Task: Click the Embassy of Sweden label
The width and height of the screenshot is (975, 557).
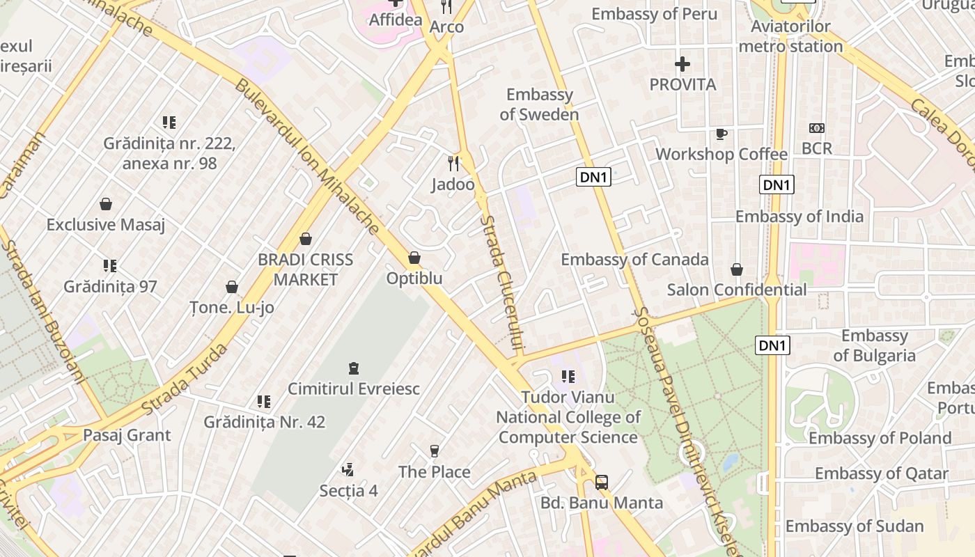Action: [539, 104]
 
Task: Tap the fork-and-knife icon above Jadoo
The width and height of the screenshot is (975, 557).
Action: [453, 164]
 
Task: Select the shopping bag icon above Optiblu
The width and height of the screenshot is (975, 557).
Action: [414, 258]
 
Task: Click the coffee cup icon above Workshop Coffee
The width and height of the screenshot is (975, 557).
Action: [721, 134]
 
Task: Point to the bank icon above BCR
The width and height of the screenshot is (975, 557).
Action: [817, 128]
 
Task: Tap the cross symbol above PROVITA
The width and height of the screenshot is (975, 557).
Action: [682, 65]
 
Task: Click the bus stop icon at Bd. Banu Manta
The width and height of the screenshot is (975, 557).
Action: [602, 483]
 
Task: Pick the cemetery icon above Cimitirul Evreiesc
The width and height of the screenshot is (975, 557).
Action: [354, 368]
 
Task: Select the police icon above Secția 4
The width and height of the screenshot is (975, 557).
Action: [348, 470]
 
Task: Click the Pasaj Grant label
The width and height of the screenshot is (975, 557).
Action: [127, 435]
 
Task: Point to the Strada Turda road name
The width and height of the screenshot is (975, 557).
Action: [184, 379]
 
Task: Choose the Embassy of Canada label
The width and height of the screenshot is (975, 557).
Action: [634, 260]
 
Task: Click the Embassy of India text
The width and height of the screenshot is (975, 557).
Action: [799, 217]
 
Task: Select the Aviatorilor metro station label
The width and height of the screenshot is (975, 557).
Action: [790, 37]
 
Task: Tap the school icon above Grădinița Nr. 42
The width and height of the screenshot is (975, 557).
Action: [264, 402]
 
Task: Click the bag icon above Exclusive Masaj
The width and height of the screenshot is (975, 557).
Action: [106, 205]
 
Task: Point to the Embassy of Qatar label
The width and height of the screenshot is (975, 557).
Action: [881, 474]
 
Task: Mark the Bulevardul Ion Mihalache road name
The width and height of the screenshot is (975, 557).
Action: [306, 157]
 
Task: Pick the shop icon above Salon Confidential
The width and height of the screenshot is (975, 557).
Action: [737, 269]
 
